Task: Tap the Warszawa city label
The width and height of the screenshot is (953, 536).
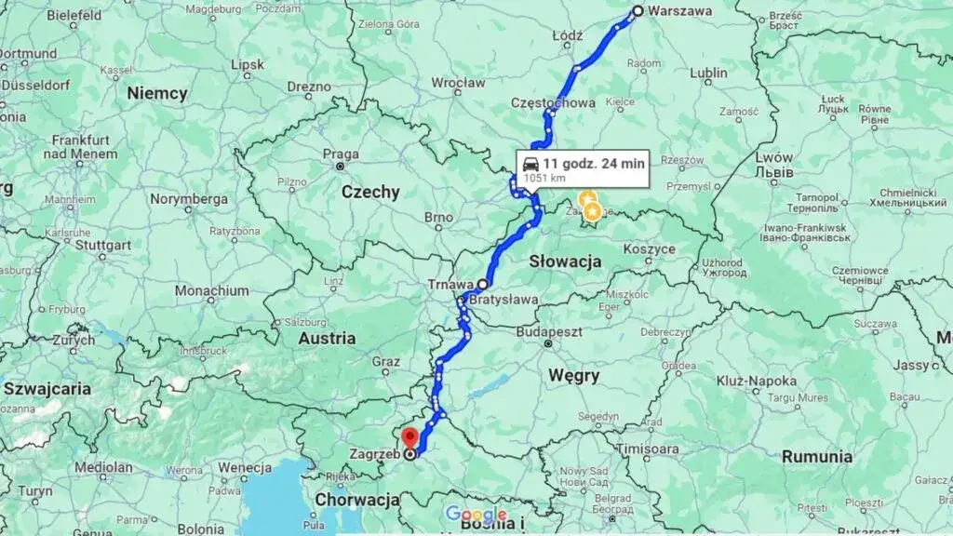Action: click(x=680, y=11)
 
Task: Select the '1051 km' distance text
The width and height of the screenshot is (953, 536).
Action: click(x=544, y=177)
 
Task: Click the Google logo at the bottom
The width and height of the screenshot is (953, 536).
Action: click(x=476, y=515)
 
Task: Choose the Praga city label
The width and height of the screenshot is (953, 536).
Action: click(x=341, y=154)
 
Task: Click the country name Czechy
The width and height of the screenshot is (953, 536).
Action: click(x=370, y=193)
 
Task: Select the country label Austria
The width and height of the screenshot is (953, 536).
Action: click(x=326, y=339)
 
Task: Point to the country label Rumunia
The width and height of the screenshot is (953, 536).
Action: click(x=818, y=457)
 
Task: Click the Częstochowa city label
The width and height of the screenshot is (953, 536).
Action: click(x=553, y=103)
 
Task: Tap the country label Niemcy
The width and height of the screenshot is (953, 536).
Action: click(x=157, y=93)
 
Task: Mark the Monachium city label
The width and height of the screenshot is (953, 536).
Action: click(x=211, y=291)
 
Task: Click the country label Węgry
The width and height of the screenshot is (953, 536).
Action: click(x=573, y=376)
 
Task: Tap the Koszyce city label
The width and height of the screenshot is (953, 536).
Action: click(x=649, y=249)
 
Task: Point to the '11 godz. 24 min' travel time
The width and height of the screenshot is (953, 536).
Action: click(x=594, y=163)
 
